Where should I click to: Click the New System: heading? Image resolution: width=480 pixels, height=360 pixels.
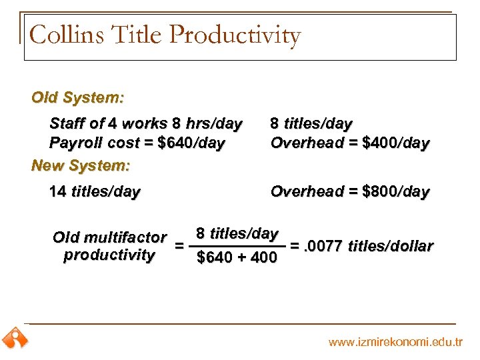(81, 164)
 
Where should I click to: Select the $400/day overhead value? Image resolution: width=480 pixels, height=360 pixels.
(397, 143)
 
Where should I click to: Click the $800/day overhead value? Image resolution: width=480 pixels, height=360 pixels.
(397, 192)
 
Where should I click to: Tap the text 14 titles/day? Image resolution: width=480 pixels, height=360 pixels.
(95, 192)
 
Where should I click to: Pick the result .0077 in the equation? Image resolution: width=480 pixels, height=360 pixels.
(322, 246)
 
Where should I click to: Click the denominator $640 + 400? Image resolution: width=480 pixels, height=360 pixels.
(237, 258)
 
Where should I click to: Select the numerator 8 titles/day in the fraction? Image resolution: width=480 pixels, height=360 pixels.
(237, 234)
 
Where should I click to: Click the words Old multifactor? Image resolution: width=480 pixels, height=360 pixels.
(109, 237)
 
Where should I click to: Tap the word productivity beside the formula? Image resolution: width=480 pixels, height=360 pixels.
(109, 255)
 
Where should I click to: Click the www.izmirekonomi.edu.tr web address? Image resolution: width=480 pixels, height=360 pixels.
(395, 342)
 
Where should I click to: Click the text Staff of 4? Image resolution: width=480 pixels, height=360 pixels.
(90, 124)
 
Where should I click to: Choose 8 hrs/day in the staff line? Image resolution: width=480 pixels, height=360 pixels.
(207, 124)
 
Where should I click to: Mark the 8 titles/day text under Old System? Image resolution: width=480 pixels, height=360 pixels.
(311, 124)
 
